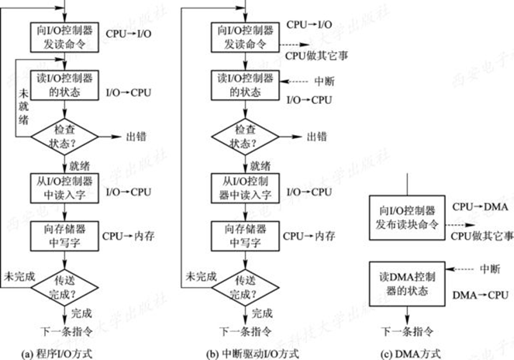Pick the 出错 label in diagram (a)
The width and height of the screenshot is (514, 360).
136,137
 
